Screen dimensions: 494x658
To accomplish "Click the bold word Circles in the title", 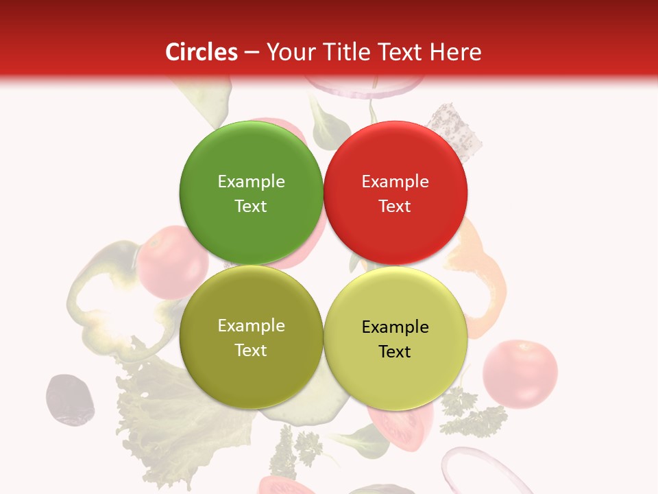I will point(202,52).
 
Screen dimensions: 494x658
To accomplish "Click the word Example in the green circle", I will point(251,181).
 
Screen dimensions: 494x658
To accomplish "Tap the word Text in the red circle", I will point(395,206).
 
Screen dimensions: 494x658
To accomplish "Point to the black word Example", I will point(395,327).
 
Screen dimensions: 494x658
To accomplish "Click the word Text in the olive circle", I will point(251,350).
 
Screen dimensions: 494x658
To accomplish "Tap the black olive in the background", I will point(69,399).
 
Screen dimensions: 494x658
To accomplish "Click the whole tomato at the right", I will point(520,373).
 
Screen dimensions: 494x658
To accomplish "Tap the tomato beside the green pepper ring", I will point(173,263).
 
